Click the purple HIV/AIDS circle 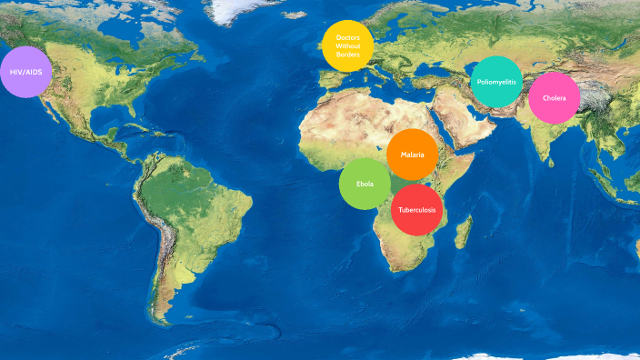click(26, 71)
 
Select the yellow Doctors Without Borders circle click(348, 45)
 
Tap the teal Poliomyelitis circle click(496, 82)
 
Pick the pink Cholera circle click(554, 98)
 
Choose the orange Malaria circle click(413, 155)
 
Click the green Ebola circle click(365, 184)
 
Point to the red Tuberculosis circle click(417, 210)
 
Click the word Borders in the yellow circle click(348, 55)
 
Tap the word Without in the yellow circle click(348, 45)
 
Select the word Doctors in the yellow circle click(348, 37)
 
